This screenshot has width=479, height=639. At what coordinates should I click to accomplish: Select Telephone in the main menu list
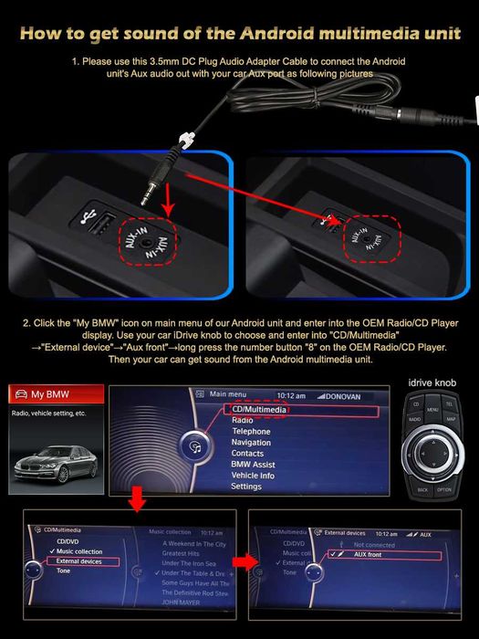point(251,432)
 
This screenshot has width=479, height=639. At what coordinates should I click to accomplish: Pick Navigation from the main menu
point(251,443)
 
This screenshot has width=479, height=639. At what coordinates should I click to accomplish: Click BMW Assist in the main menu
point(253,465)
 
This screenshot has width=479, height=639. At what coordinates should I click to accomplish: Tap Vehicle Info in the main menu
point(253,476)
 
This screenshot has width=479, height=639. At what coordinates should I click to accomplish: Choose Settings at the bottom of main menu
point(246,487)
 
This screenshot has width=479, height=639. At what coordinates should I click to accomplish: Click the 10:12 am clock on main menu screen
point(290,395)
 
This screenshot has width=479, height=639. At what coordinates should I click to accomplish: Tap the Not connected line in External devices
point(374,543)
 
